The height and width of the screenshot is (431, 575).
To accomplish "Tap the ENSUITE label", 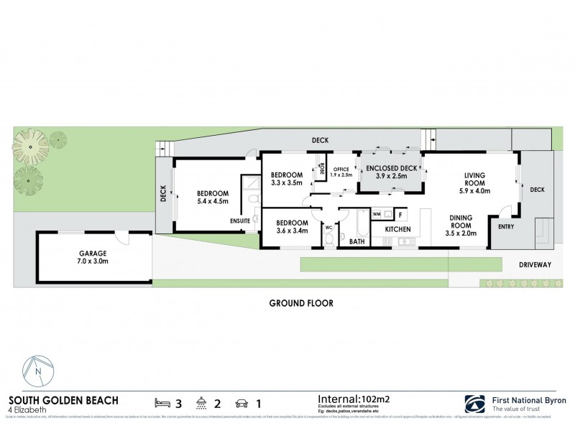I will (240, 221).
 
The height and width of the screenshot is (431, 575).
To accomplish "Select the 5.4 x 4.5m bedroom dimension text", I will (213, 202).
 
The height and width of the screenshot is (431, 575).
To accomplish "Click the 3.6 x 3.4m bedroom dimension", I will (291, 231).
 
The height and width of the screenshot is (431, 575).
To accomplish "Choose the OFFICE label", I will (341, 170).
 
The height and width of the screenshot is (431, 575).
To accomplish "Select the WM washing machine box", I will (377, 214).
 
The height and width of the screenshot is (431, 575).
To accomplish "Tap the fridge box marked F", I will (400, 214).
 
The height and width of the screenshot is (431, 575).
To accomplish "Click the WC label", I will (328, 228).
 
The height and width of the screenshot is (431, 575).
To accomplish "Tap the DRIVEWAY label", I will (535, 265).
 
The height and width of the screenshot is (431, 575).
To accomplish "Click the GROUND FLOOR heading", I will (301, 303).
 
